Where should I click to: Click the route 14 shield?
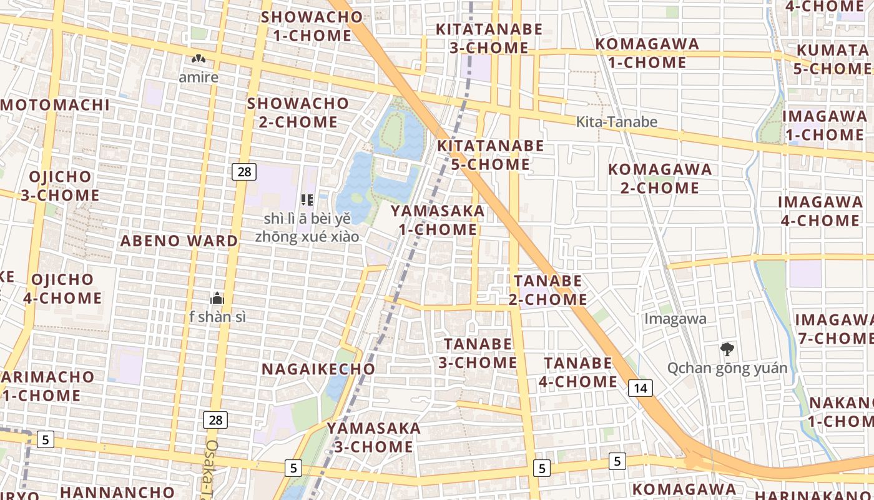(x=640, y=388)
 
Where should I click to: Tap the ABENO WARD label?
(x=179, y=241)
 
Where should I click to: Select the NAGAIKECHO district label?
(x=318, y=369)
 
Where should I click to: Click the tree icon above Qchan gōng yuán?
(x=727, y=349)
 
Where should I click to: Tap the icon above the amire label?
(x=199, y=60)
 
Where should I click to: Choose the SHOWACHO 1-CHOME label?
(x=312, y=26)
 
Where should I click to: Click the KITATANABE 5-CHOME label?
(x=490, y=155)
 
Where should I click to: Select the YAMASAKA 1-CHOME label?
(x=438, y=220)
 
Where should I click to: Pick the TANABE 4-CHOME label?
(x=580, y=372)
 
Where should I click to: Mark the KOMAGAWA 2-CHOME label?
(x=659, y=179)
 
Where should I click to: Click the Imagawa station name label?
(x=675, y=319)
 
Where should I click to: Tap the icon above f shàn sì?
(x=217, y=298)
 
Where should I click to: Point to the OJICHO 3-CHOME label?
(x=60, y=186)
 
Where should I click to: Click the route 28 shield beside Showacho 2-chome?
(x=244, y=171)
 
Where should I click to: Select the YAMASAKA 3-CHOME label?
(x=373, y=437)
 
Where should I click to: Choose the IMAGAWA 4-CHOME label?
(x=820, y=211)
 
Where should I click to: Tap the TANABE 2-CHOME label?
(x=547, y=290)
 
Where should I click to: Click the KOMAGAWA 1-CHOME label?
(x=647, y=53)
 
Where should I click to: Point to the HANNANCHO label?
(x=117, y=492)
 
